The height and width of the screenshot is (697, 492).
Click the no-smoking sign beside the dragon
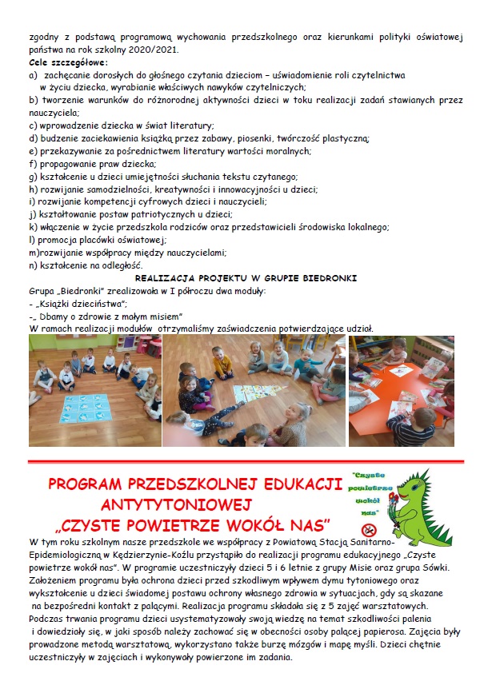pos(370,529)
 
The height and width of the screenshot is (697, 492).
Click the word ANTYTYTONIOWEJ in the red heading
pos(177,504)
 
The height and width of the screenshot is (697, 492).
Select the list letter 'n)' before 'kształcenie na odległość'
pos(33,265)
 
